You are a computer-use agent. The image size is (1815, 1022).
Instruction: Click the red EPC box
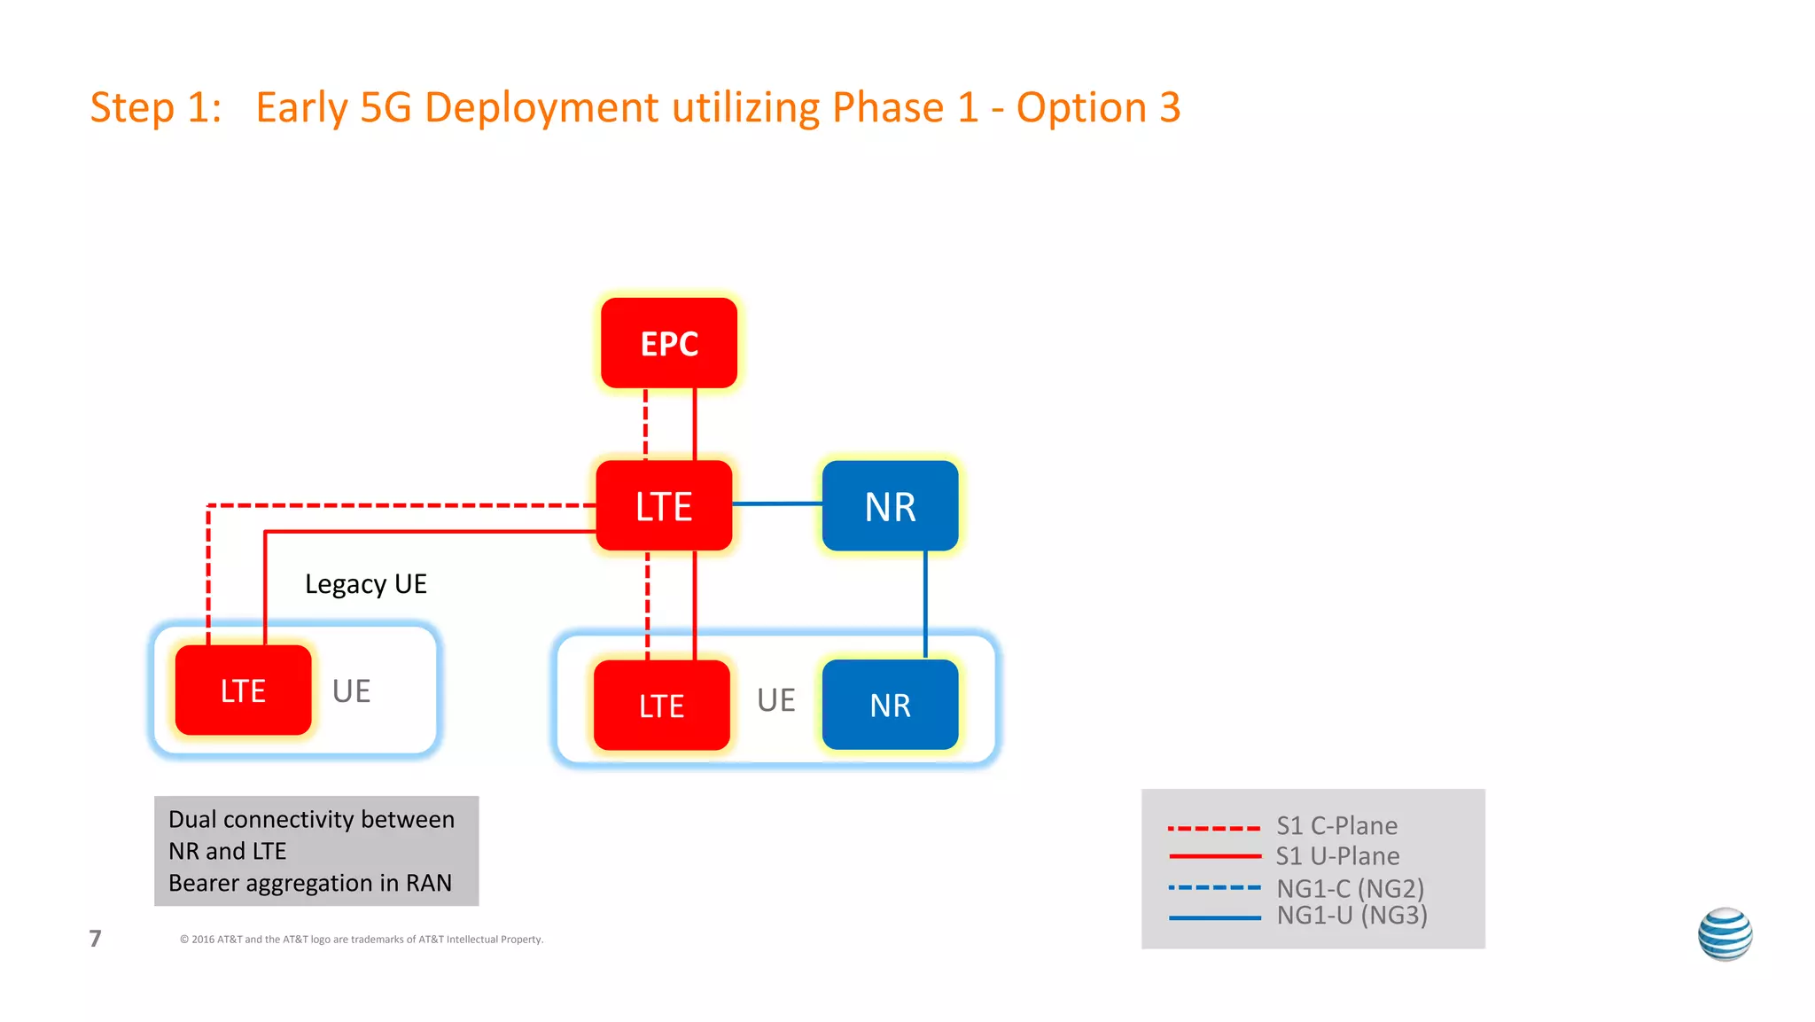(669, 343)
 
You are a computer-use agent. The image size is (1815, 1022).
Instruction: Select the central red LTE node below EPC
(664, 506)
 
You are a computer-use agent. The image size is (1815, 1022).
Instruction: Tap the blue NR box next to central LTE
(890, 506)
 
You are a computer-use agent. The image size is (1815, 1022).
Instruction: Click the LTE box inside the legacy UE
(243, 690)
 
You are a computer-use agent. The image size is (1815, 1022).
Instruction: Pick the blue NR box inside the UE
(890, 706)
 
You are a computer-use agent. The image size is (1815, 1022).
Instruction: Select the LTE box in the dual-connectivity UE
(661, 706)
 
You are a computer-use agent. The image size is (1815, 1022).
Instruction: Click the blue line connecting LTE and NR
(777, 503)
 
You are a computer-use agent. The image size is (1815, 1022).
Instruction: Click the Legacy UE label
(365, 584)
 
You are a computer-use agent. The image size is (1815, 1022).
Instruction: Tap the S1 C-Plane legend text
(1336, 826)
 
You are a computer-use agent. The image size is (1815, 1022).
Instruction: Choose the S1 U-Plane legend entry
(1337, 856)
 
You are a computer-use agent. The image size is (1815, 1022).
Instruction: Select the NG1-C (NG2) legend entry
(1350, 888)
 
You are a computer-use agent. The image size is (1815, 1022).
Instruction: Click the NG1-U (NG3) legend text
(1352, 916)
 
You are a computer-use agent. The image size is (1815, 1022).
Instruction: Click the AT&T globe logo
(1725, 934)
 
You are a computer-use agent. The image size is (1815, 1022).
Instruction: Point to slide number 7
(96, 939)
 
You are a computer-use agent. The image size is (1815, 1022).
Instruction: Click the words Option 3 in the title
(1098, 108)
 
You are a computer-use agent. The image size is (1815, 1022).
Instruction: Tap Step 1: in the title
(156, 108)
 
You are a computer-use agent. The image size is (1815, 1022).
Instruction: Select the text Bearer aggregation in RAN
(310, 883)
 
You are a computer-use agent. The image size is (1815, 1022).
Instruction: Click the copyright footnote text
(362, 940)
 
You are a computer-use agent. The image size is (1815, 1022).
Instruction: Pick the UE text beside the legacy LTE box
(351, 691)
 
